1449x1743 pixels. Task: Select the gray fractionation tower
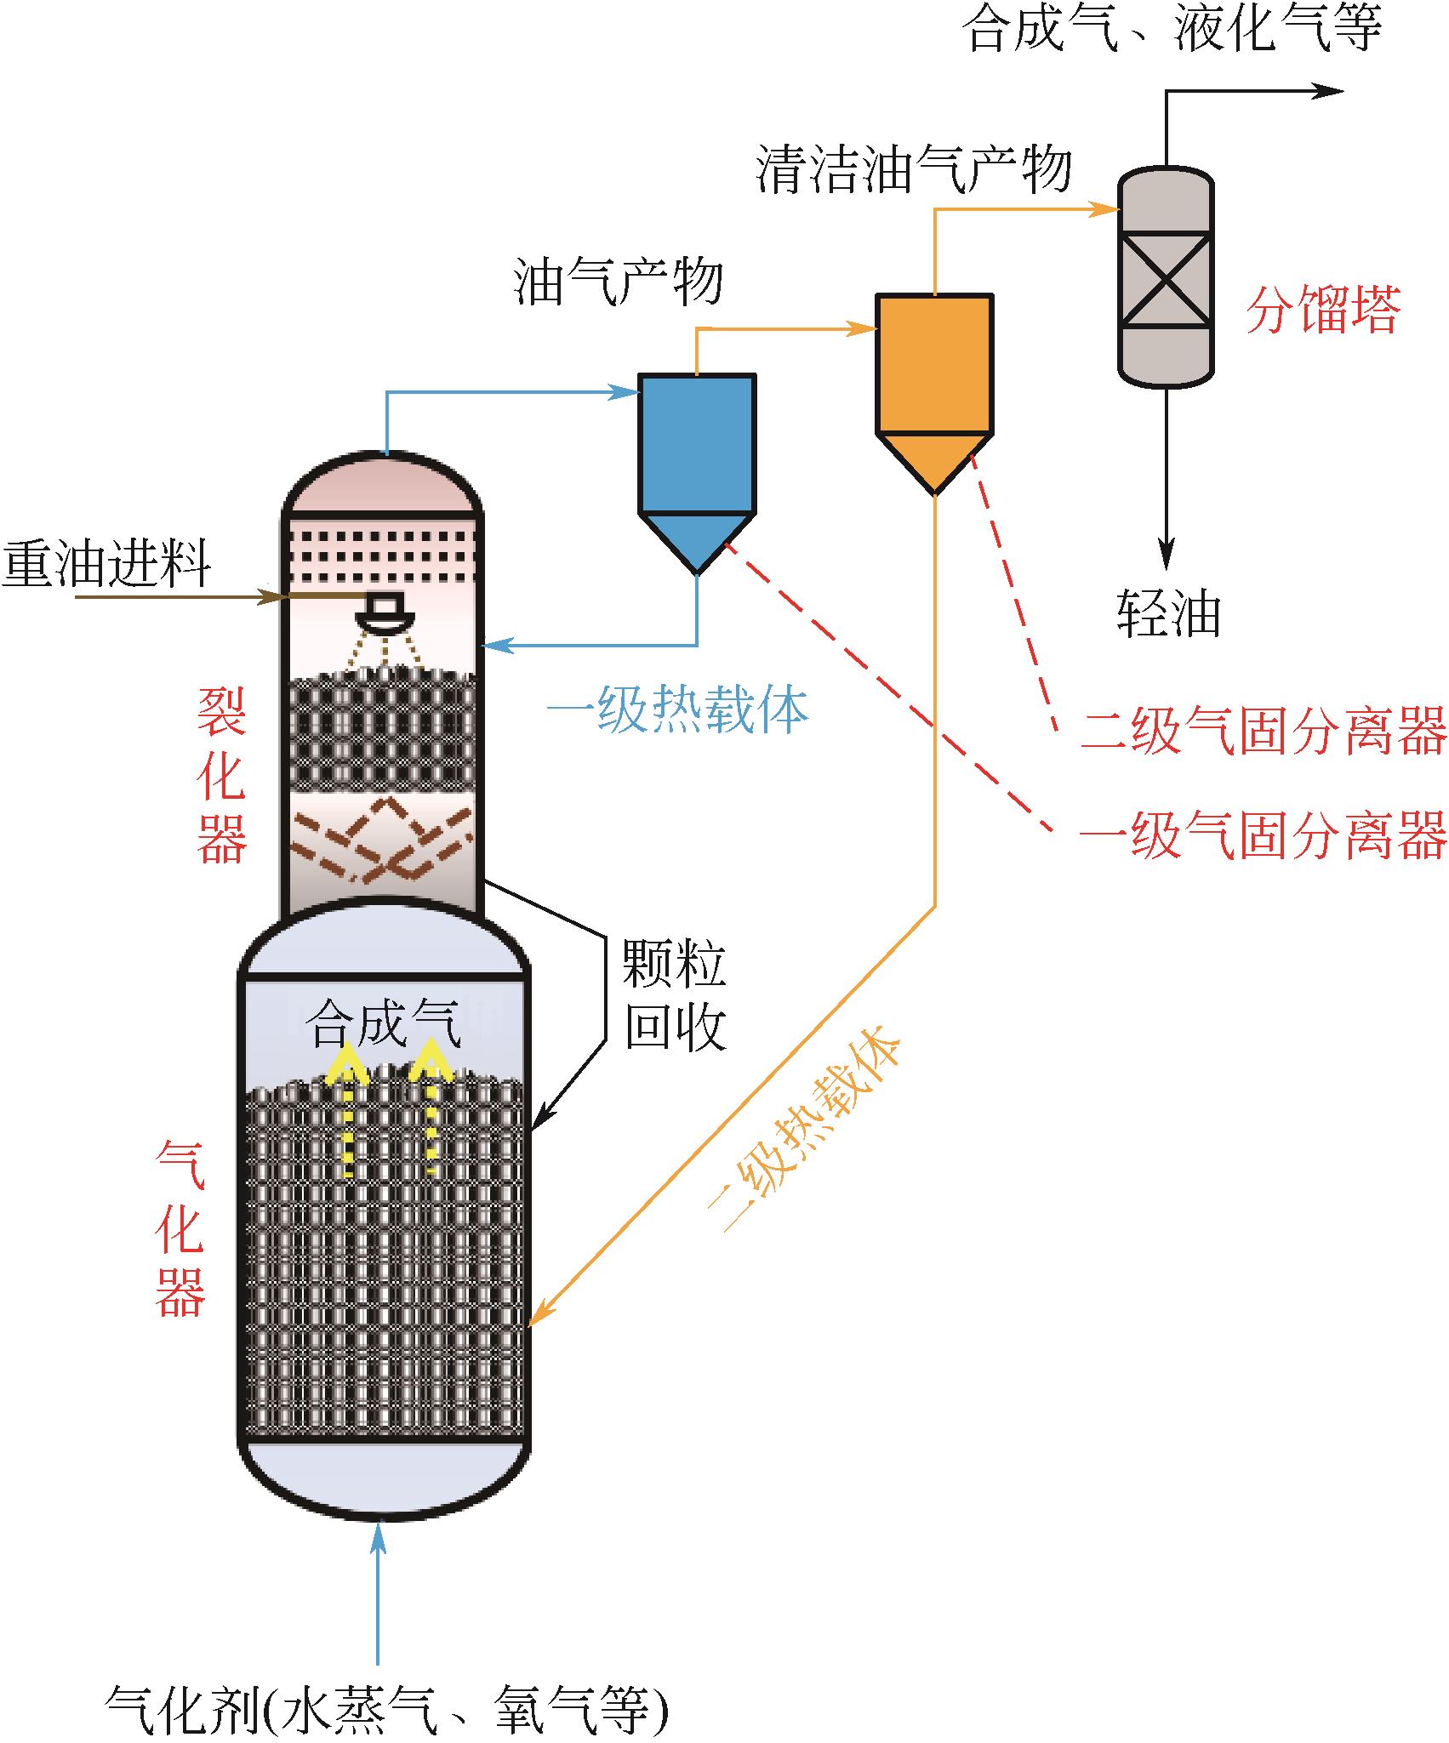coord(1165,277)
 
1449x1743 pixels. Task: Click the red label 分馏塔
coord(1323,310)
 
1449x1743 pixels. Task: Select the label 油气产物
coord(619,282)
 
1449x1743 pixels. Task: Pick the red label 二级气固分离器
coord(1263,730)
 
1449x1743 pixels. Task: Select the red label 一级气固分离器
coord(1263,834)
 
